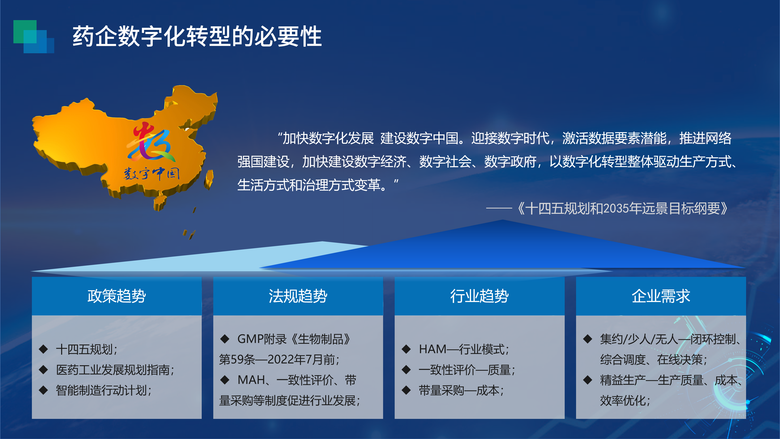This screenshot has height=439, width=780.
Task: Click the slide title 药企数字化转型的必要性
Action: click(197, 36)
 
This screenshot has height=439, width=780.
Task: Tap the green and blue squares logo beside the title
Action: click(34, 37)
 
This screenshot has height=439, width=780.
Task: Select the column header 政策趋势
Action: click(117, 296)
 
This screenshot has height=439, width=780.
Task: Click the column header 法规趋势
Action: click(298, 296)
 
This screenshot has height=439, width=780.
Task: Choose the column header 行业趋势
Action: click(479, 296)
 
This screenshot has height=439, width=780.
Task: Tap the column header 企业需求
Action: click(661, 296)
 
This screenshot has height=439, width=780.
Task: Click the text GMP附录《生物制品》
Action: click(294, 339)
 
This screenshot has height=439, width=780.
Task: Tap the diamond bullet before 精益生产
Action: click(588, 380)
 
